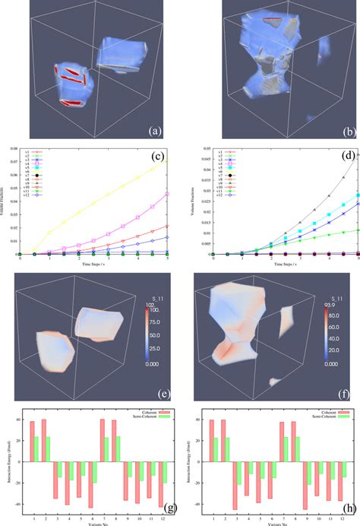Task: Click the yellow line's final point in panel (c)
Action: [168, 160]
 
